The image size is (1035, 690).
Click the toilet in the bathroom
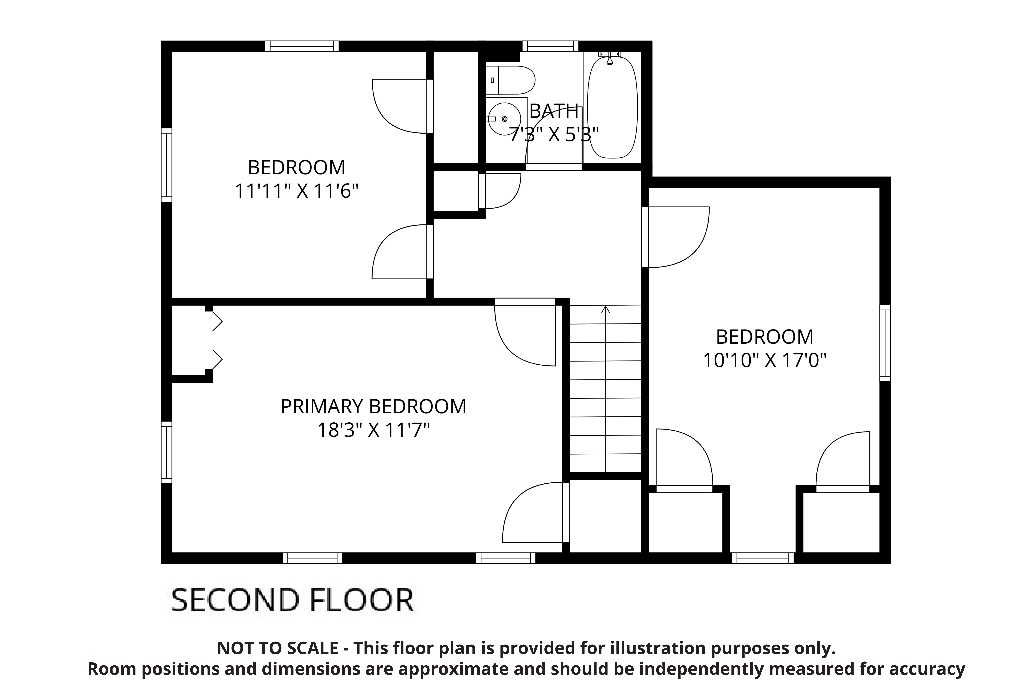(510, 80)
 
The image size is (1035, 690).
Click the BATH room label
(554, 111)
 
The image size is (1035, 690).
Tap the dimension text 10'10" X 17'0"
(765, 361)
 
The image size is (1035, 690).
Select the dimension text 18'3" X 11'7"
(373, 430)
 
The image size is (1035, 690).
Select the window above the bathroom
(550, 46)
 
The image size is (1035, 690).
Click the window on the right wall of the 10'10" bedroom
(885, 343)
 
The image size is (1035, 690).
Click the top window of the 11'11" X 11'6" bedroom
(302, 46)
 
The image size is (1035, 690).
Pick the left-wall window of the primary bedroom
(166, 452)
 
